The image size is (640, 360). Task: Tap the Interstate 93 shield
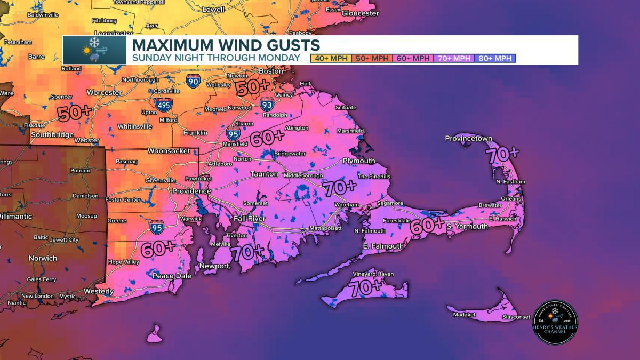267,104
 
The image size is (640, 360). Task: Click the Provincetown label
468,139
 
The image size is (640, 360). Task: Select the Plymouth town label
358,161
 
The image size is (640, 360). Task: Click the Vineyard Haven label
373,274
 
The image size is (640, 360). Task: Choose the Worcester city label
105,92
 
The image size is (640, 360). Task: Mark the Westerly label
99,291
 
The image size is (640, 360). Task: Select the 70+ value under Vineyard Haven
367,287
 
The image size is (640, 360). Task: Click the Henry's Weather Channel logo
555,322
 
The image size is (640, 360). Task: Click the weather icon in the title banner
94,50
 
